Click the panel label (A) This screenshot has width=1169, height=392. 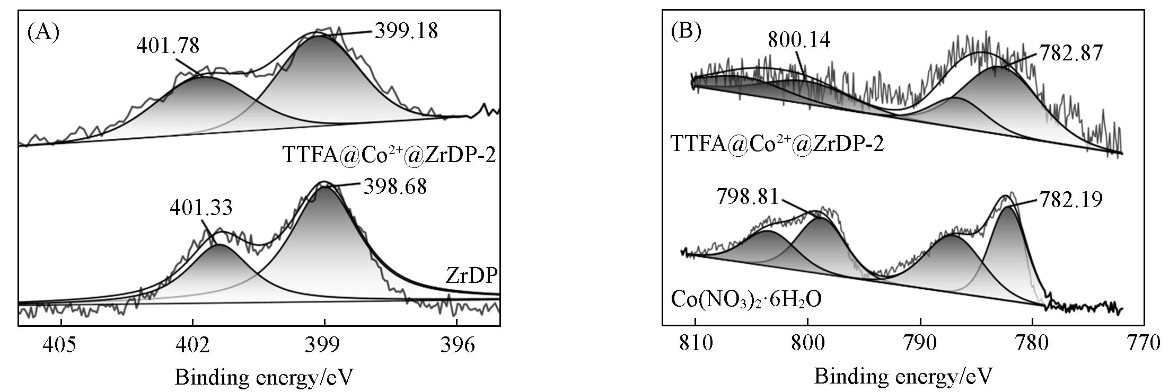pos(43,33)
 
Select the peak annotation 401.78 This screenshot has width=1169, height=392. pos(168,46)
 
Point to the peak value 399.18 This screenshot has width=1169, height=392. pos(407,31)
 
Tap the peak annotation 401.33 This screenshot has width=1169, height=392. pos(201,208)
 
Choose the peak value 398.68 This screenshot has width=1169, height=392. pos(395,186)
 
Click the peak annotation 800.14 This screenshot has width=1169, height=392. pos(799,40)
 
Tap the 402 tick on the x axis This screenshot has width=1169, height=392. pos(192,345)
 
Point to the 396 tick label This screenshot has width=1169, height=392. pos(457,345)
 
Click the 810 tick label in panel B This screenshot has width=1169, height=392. pos(695,343)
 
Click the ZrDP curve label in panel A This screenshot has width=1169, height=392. pos(471,276)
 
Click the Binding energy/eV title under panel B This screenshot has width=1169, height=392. pos(902,377)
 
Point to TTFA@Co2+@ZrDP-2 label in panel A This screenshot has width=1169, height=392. pos(389,155)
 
